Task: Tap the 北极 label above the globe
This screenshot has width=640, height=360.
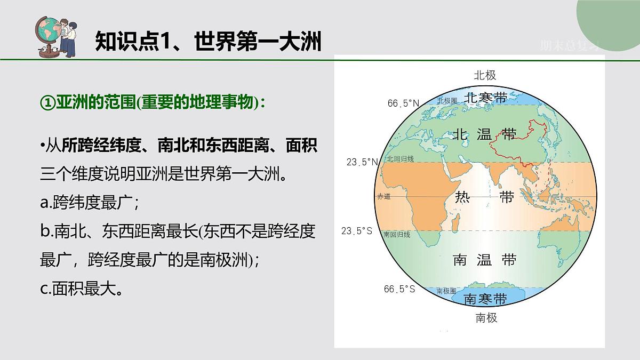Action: [485, 75]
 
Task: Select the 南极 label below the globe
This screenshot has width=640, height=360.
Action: [486, 318]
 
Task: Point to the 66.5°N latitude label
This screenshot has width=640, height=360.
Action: [404, 103]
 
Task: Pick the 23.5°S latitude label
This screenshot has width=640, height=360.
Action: [357, 231]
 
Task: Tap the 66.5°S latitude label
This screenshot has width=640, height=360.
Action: [399, 289]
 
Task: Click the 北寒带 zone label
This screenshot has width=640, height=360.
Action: [485, 98]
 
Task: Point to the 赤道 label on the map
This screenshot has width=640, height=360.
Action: [384, 196]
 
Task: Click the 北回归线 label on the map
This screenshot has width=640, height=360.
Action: [401, 159]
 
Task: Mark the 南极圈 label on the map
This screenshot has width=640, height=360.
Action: [446, 291]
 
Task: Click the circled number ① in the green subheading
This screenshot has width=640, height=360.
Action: [47, 102]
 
